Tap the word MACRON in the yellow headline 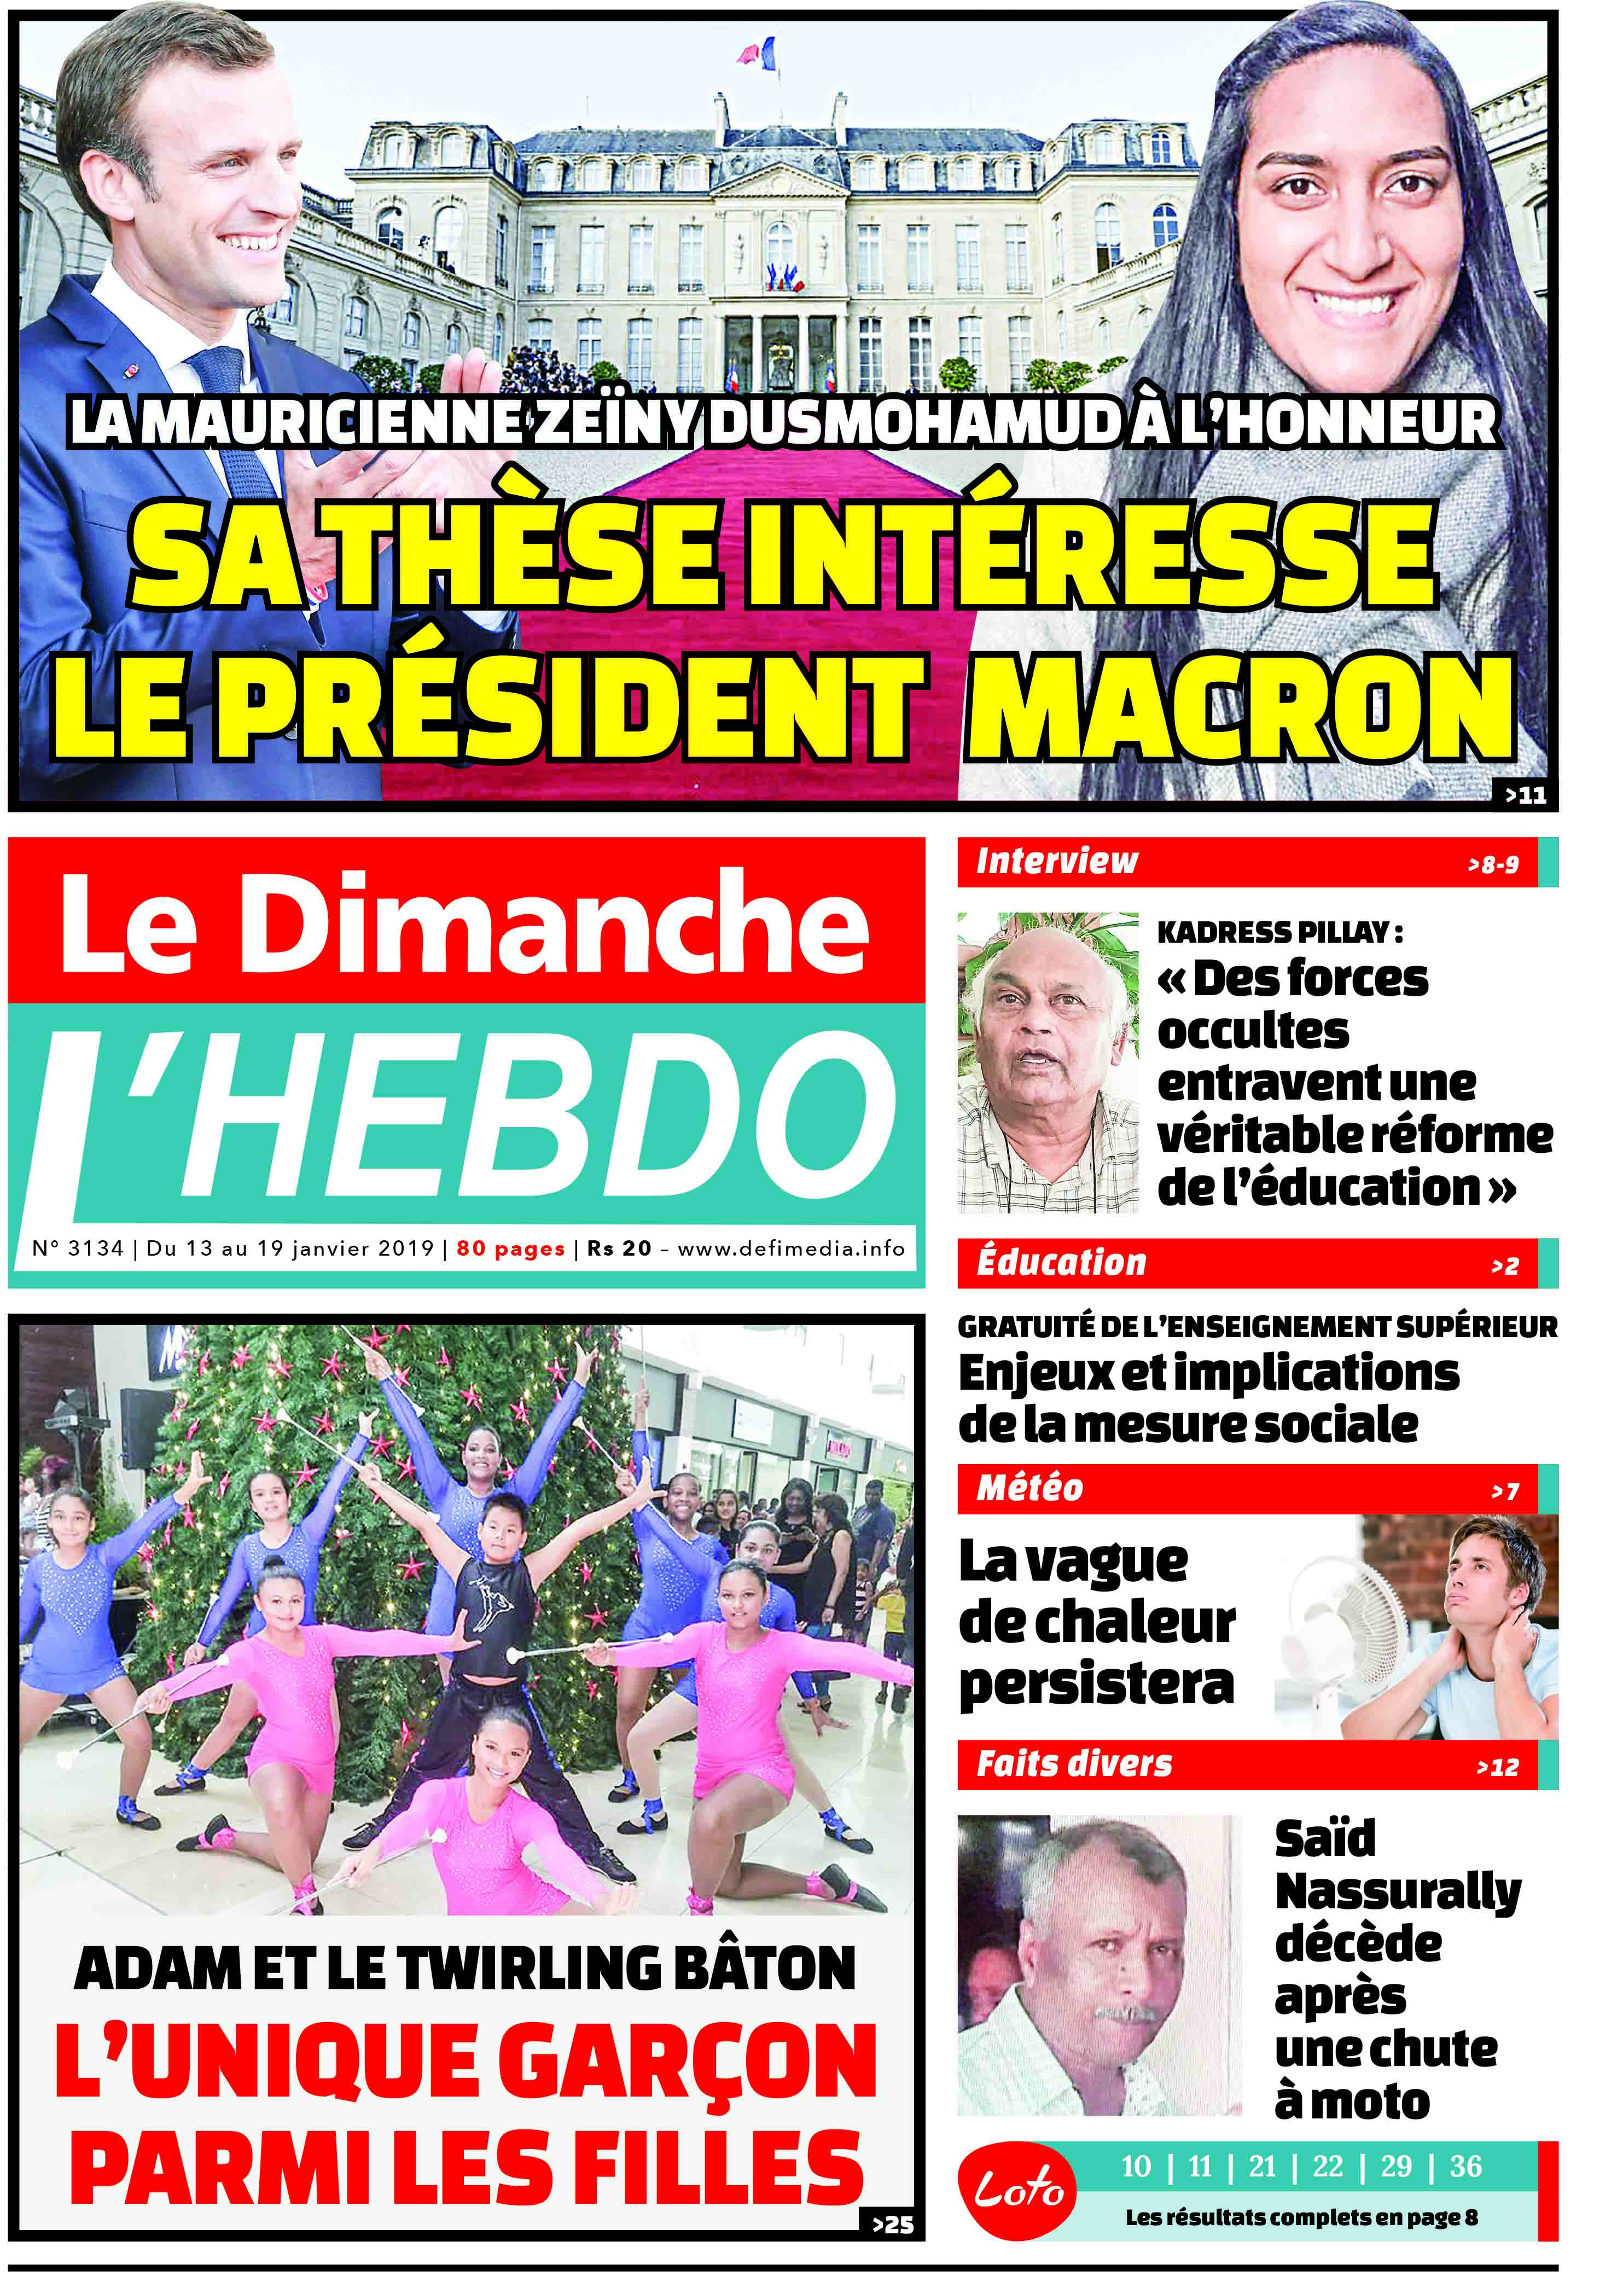pos(1239,707)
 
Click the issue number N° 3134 pos(78,1249)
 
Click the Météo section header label pos(1029,1488)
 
